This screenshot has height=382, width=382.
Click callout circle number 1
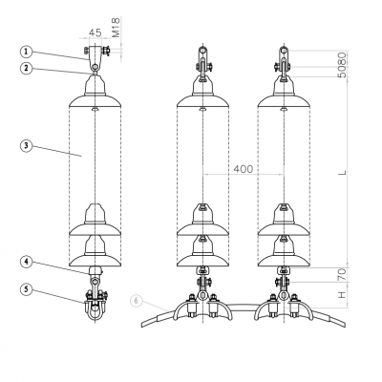click(x=27, y=52)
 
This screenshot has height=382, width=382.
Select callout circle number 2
click(x=27, y=68)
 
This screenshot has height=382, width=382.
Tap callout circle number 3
click(x=27, y=146)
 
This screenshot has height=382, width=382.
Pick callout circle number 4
click(x=27, y=262)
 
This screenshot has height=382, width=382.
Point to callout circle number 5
click(x=27, y=289)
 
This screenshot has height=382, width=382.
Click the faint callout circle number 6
click(x=136, y=301)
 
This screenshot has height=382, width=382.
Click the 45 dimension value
click(x=95, y=32)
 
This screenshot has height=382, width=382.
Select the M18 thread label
click(x=117, y=28)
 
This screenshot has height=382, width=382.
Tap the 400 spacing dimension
click(x=244, y=169)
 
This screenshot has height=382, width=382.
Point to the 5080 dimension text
click(x=342, y=65)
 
